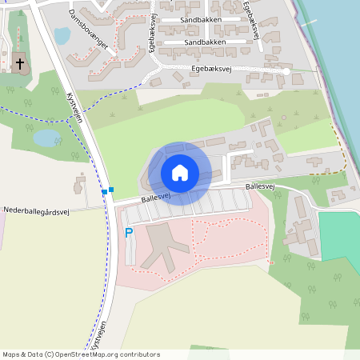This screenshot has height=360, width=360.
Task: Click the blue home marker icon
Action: (x=180, y=173)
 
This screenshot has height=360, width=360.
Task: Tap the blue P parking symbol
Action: (x=129, y=233)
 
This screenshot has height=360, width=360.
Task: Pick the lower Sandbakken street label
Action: (x=204, y=42)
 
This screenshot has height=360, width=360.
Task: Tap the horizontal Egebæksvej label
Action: (x=212, y=70)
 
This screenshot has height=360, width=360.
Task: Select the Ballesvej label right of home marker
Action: (x=260, y=186)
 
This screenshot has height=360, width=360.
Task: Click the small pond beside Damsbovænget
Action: (x=62, y=35)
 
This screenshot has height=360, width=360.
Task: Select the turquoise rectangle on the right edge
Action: (x=340, y=236)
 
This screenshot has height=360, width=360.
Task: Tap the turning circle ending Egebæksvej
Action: (x=286, y=72)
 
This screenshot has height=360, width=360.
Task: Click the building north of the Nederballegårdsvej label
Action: (x=80, y=184)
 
